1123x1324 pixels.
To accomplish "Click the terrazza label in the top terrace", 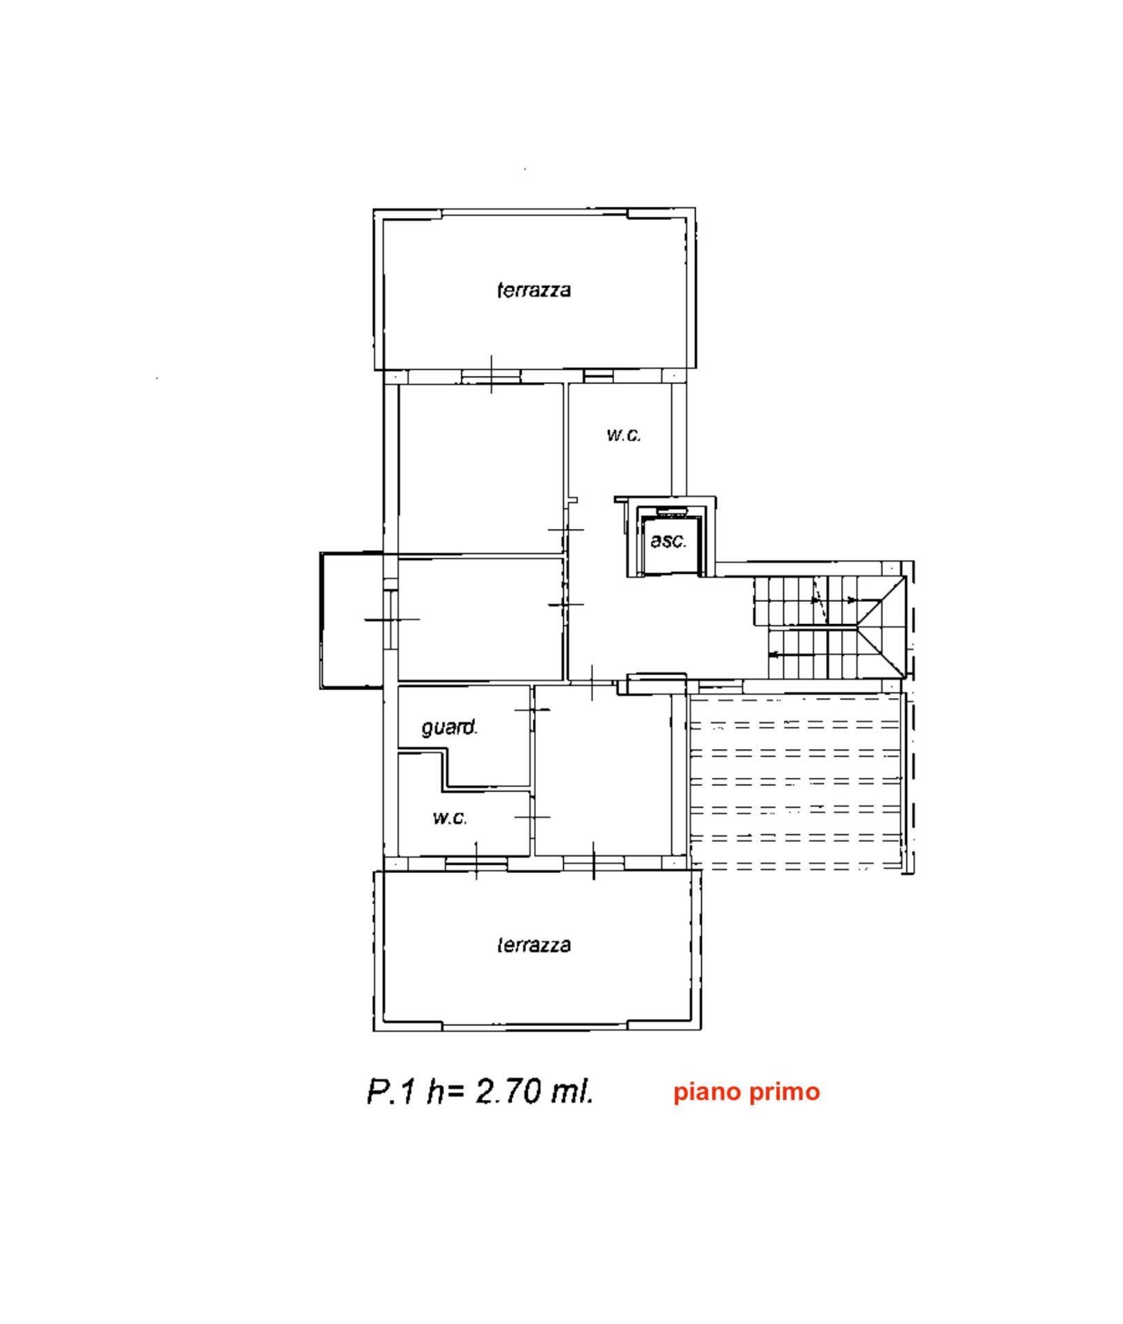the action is [x=534, y=290].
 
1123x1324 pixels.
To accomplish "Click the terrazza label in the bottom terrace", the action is [x=534, y=945].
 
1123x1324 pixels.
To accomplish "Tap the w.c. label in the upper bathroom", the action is [x=624, y=435].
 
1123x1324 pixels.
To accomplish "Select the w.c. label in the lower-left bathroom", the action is [x=450, y=818].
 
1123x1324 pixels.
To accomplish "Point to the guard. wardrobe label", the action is [x=449, y=727].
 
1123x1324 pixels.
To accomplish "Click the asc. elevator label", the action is [x=669, y=541].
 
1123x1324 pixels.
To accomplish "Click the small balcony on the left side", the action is [x=352, y=620].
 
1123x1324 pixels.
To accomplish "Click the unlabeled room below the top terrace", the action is [x=481, y=469].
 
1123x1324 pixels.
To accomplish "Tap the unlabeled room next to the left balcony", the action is [x=481, y=619].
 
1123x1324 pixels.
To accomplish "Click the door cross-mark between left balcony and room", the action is [x=392, y=619].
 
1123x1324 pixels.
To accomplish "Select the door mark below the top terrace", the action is [x=491, y=374].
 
